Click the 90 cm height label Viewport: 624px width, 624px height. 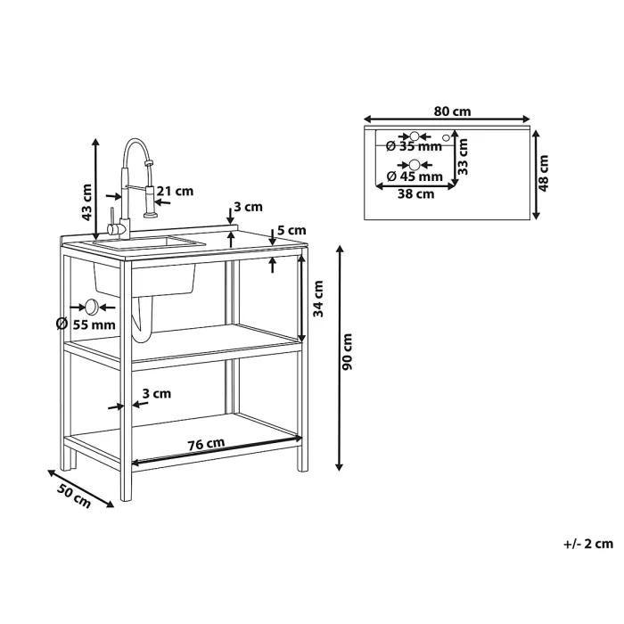(x=347, y=352)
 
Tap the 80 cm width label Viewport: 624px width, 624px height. (x=452, y=111)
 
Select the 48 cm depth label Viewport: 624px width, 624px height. (x=543, y=173)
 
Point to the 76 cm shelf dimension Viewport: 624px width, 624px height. (x=206, y=443)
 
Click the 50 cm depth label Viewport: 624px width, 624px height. (x=74, y=496)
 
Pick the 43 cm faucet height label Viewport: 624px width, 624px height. (x=86, y=202)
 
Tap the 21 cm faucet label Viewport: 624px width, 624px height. (x=175, y=192)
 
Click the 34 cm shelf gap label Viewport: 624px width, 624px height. (x=318, y=299)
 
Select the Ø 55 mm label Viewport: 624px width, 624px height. (x=86, y=324)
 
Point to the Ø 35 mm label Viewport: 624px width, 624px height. (x=414, y=146)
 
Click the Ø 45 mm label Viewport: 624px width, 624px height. (x=415, y=176)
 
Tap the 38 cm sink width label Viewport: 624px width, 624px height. (x=416, y=194)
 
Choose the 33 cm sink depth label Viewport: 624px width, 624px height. (x=463, y=157)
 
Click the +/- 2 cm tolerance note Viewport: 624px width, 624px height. (x=588, y=544)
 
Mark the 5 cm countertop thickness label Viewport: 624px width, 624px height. (x=291, y=230)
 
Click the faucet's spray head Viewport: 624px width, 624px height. (x=151, y=201)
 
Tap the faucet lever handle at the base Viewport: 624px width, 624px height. (x=111, y=223)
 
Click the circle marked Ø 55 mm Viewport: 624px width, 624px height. (x=92, y=307)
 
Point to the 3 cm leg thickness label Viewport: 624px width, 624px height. (x=157, y=394)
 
